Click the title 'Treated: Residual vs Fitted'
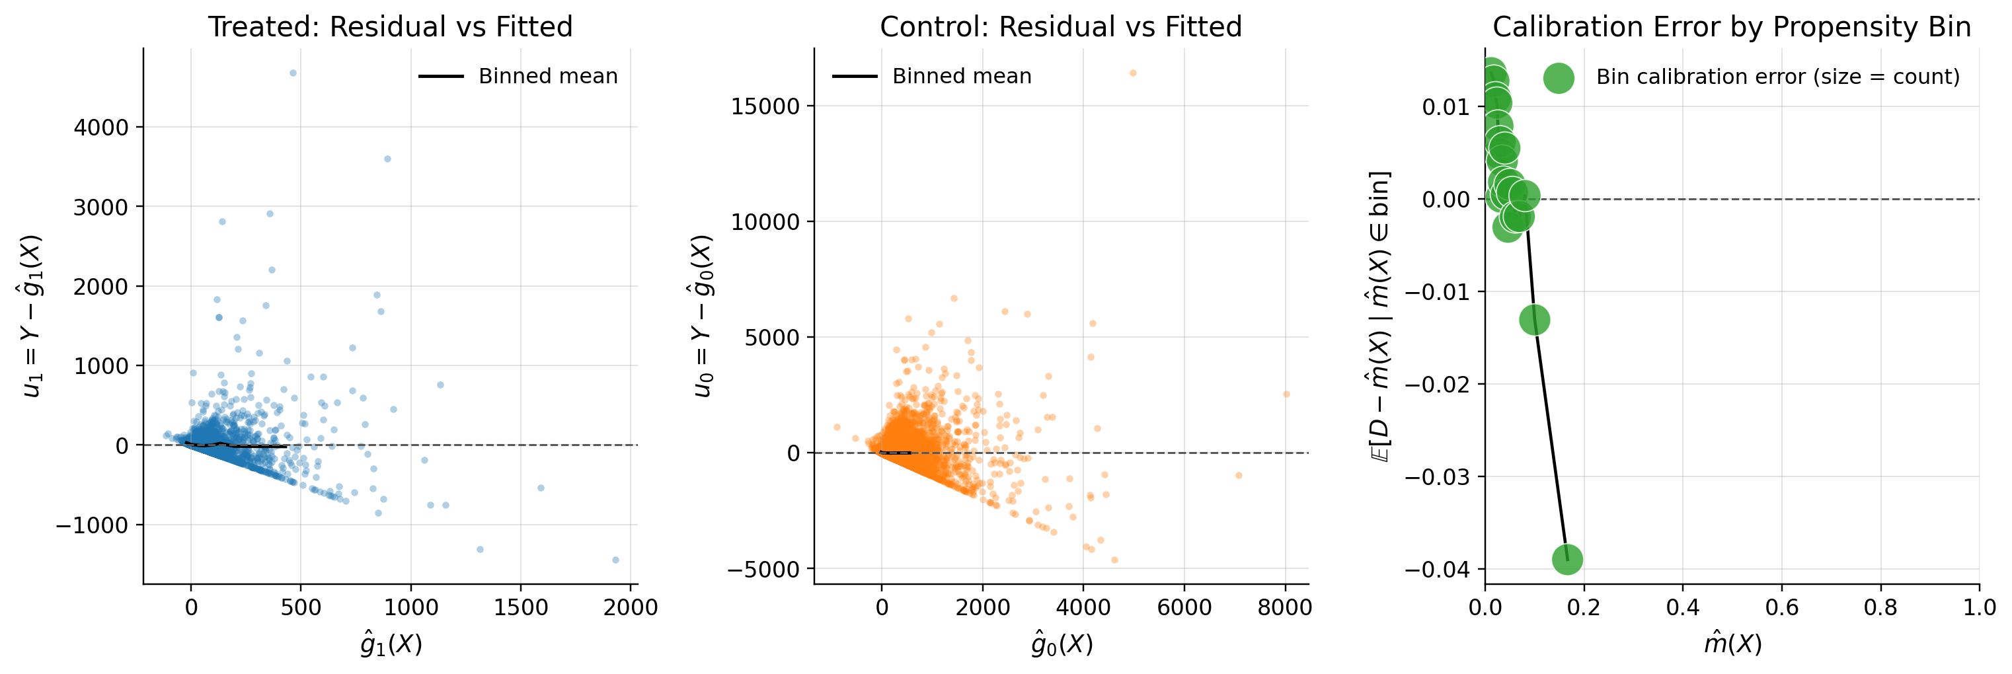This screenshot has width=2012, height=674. click(x=390, y=26)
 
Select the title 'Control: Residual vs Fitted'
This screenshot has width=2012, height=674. click(x=1060, y=26)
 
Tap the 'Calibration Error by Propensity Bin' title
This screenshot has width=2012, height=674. click(x=1731, y=26)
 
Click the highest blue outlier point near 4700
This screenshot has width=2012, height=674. click(x=293, y=73)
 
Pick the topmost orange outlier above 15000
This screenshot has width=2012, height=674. click(x=1132, y=73)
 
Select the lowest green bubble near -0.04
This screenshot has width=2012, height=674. click(x=1567, y=558)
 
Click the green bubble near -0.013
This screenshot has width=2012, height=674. click(x=1534, y=319)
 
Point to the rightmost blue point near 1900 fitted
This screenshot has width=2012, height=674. click(x=615, y=560)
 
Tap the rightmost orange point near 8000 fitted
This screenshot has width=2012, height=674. click(x=1286, y=394)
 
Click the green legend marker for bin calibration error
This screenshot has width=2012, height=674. click(x=1558, y=77)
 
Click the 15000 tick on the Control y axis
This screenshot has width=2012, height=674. click(x=765, y=106)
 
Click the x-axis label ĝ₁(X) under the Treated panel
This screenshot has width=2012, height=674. click(x=391, y=644)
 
